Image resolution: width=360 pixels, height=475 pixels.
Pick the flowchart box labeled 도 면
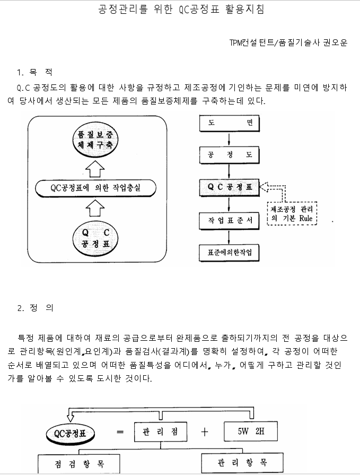(x=229, y=123)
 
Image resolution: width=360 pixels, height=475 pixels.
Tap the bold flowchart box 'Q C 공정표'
(x=229, y=187)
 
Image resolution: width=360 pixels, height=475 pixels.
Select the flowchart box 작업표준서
(x=229, y=219)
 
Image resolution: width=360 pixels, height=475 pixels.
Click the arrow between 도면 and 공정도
(x=229, y=139)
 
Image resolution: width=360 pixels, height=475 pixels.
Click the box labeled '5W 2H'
(x=251, y=431)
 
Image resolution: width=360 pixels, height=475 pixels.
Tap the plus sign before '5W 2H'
(x=204, y=431)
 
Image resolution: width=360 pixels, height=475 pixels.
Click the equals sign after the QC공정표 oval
(x=120, y=432)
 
